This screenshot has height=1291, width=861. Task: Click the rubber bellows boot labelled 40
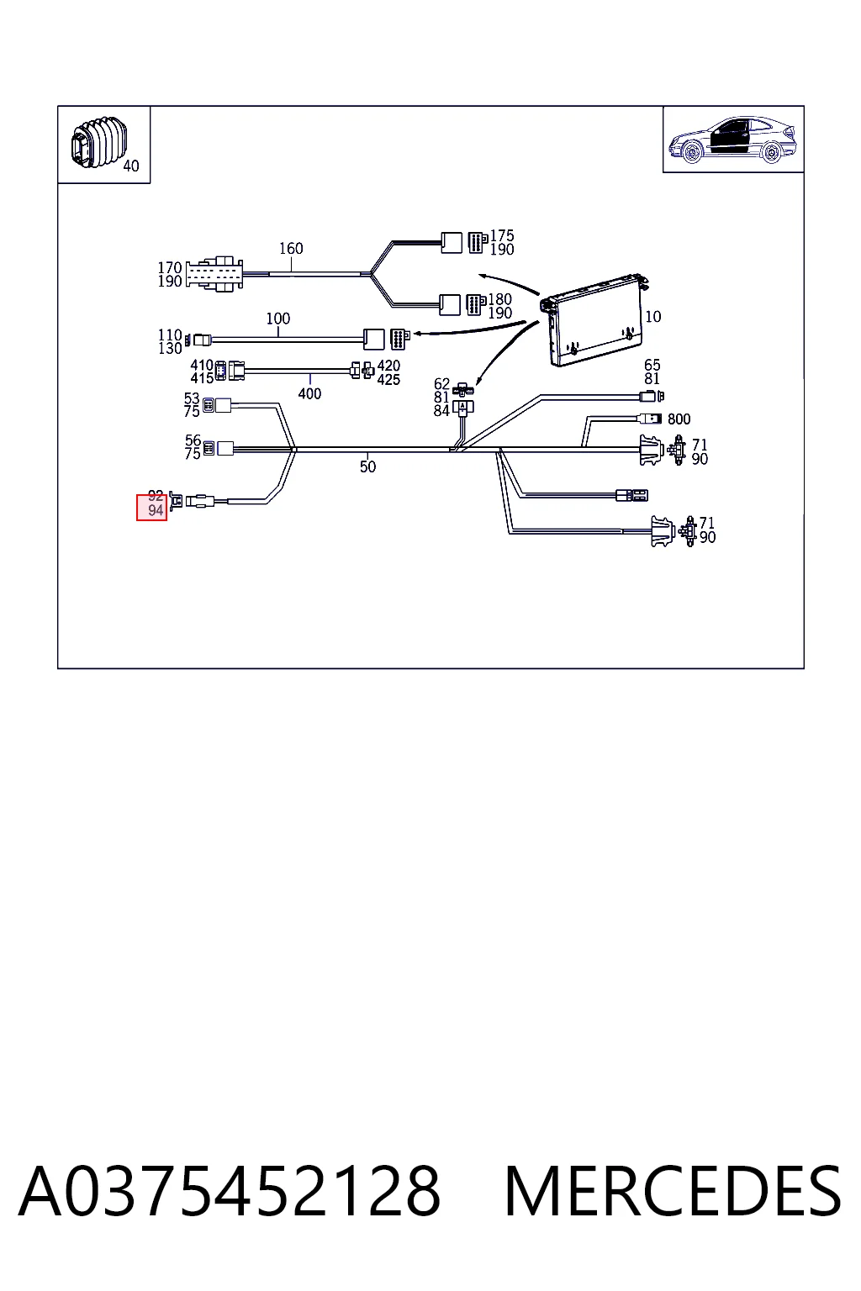(99, 144)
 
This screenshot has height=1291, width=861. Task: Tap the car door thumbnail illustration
(732, 140)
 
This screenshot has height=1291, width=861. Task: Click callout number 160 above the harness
(291, 249)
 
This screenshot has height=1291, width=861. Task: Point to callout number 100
(278, 319)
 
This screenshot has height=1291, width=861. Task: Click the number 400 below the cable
(309, 393)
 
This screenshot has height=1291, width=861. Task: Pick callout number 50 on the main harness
(367, 466)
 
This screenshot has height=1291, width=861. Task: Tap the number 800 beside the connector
(679, 419)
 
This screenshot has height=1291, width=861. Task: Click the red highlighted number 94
(156, 510)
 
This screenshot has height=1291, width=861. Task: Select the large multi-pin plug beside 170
(214, 274)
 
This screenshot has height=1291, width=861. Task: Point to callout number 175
(502, 235)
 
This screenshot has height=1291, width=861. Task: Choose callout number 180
(500, 299)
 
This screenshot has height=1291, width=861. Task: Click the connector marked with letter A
(463, 408)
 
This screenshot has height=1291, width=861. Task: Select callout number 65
(652, 365)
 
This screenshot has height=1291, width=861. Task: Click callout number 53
(192, 398)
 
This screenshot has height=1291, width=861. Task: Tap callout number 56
(193, 440)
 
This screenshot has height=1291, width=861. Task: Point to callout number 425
(388, 379)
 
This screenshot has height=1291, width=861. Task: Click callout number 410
(202, 365)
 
